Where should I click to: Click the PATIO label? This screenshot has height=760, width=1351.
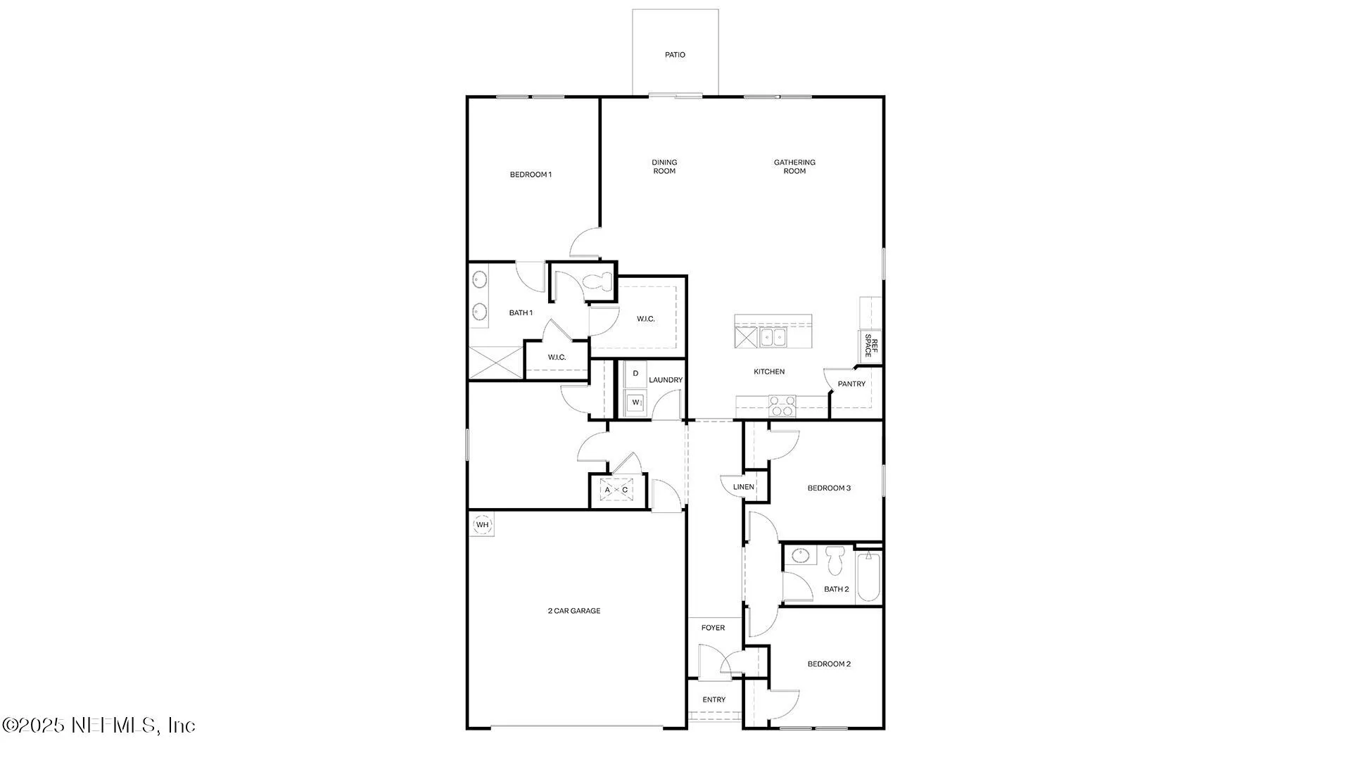point(675,55)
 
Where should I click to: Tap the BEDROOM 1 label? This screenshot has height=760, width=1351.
point(531,175)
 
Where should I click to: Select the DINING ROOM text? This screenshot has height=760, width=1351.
point(664,167)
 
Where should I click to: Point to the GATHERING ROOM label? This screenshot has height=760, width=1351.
point(794,167)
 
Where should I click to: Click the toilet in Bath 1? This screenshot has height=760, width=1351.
point(599,281)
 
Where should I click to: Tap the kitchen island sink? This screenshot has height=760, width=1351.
point(773,338)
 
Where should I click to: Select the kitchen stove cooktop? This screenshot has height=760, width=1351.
point(782,406)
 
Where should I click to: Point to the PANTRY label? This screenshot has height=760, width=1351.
point(851,384)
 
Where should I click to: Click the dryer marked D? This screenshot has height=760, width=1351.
point(635,374)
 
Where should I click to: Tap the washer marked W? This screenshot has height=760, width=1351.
point(635,403)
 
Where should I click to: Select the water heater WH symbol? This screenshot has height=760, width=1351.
point(482,525)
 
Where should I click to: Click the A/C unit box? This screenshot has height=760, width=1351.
point(616,490)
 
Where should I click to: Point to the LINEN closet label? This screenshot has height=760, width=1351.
point(744,487)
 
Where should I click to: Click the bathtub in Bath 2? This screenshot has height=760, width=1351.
point(869,577)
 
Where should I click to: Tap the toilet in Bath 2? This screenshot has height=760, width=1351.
point(835,559)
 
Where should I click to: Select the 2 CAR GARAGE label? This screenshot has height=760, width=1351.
point(574,611)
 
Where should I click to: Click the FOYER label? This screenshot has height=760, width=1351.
point(713,628)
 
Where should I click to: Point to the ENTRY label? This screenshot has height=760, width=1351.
point(713,699)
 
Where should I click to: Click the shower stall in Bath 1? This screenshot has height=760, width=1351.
point(496,363)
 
